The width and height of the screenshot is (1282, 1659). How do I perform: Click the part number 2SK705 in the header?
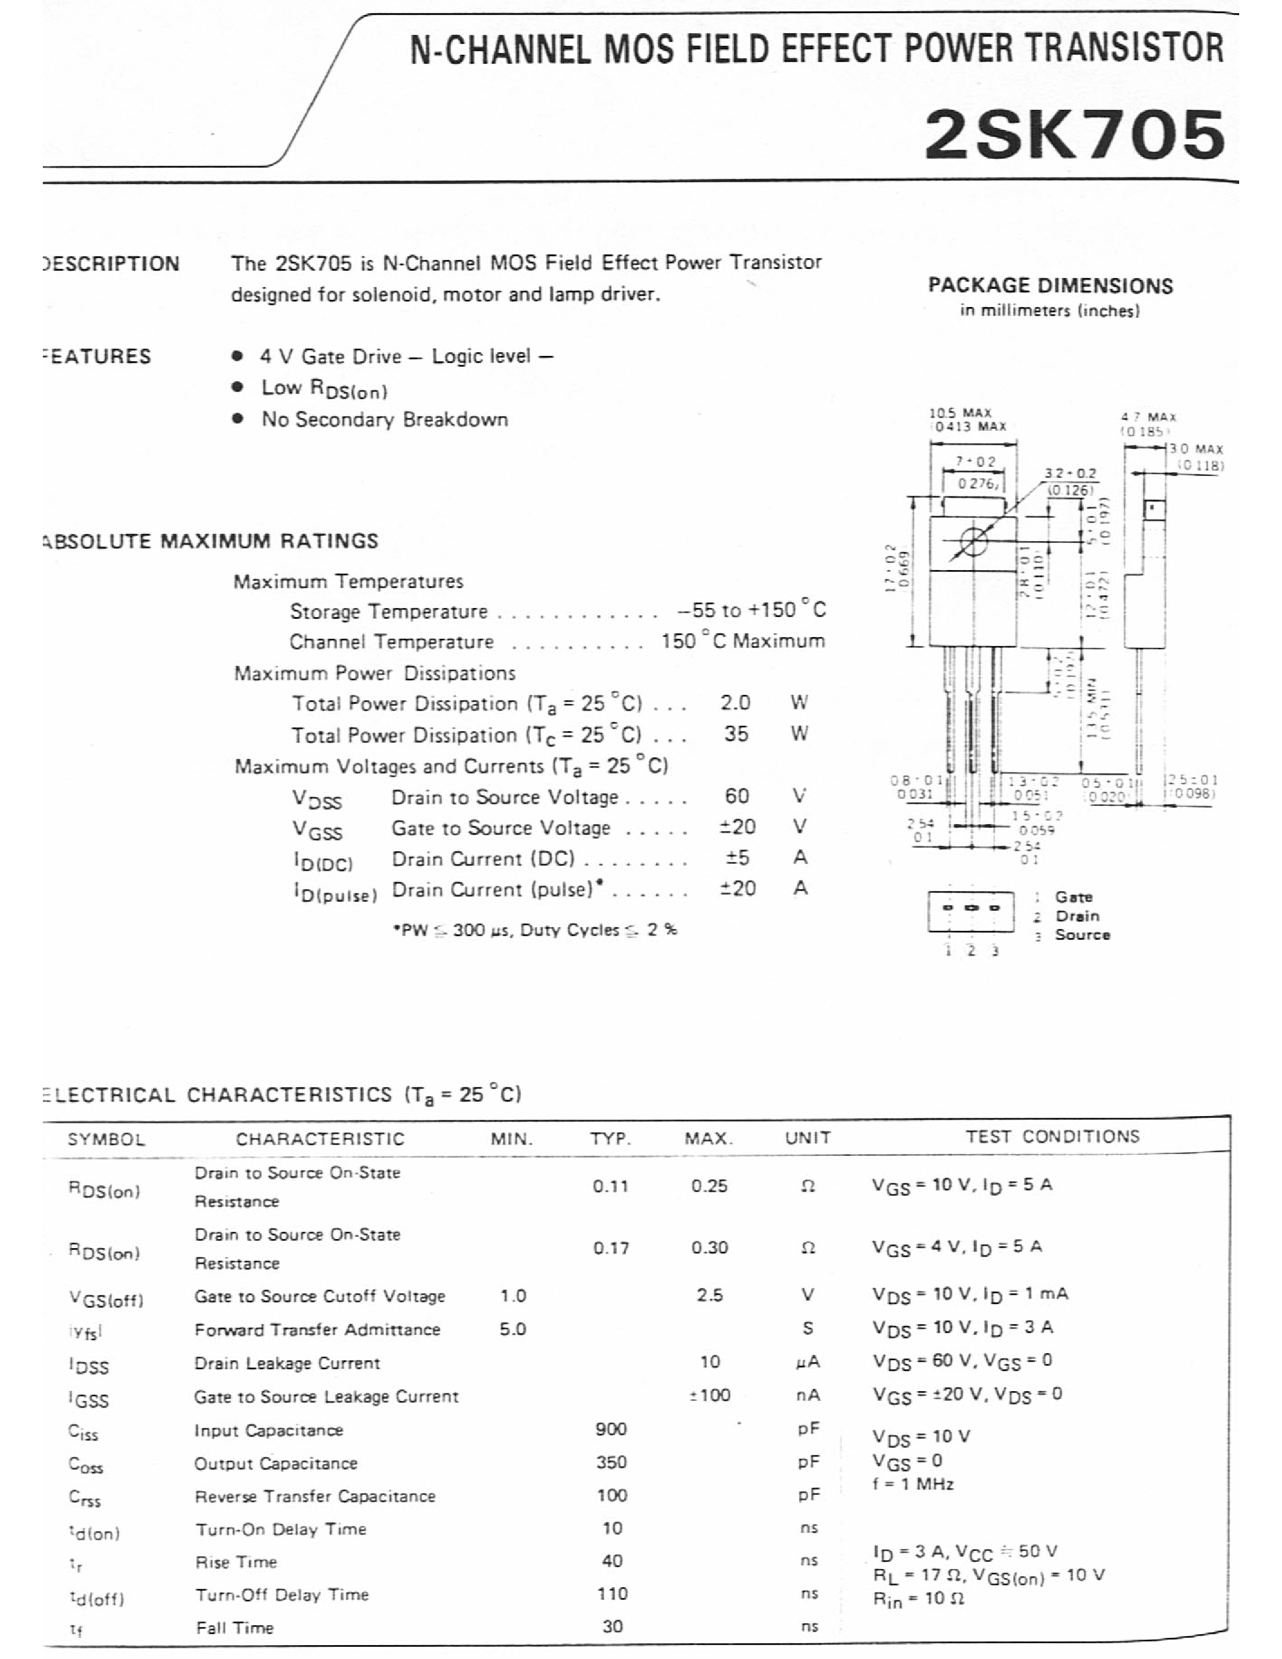[1074, 135]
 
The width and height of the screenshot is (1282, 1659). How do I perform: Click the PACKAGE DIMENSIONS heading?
[1050, 285]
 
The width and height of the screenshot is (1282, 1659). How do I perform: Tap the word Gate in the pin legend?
[1073, 897]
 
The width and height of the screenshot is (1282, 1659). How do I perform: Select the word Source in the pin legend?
[1082, 935]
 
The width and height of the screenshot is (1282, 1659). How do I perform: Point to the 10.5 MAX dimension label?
[960, 413]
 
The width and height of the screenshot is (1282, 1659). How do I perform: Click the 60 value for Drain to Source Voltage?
[737, 796]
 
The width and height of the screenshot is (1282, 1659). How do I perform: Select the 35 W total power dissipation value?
[735, 734]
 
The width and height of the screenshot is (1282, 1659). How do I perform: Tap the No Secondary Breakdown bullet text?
[384, 419]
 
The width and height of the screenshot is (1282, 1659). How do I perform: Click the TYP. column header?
[611, 1138]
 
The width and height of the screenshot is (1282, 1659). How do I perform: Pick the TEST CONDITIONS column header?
[1053, 1137]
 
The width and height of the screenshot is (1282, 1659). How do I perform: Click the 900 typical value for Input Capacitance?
[611, 1429]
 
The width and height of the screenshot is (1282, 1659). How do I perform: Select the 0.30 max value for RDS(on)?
[709, 1248]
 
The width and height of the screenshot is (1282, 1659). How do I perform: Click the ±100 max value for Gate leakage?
[709, 1395]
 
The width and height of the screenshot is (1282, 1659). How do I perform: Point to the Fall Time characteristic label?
[235, 1627]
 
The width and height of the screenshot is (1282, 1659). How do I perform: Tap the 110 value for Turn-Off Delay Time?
[612, 1594]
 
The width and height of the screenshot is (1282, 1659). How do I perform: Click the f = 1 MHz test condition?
[913, 1483]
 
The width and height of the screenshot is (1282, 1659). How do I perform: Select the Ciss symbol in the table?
[83, 1433]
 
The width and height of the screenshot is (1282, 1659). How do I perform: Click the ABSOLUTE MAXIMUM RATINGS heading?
[211, 541]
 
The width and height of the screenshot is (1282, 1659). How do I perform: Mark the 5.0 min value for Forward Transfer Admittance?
[513, 1328]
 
